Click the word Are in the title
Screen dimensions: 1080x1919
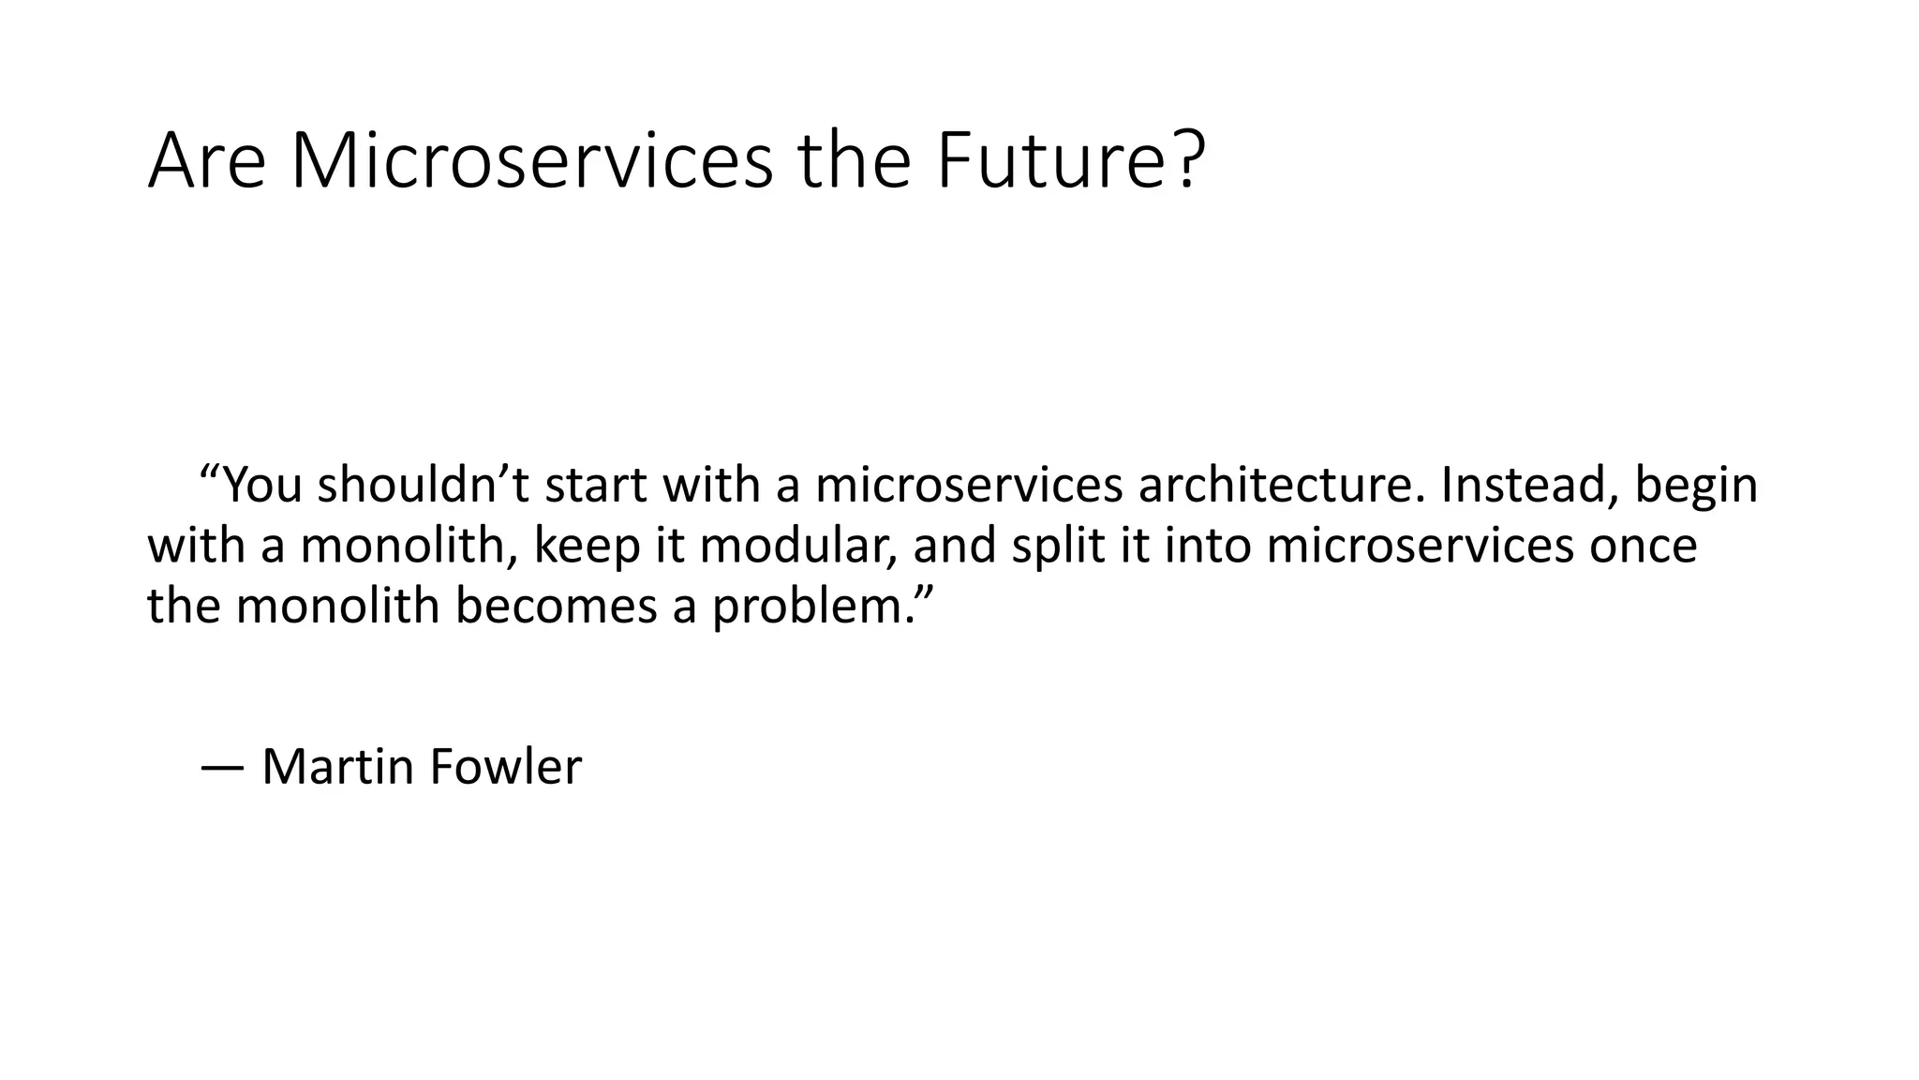tap(207, 161)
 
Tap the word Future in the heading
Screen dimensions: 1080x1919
tap(1054, 161)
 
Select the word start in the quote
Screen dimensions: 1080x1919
tap(595, 486)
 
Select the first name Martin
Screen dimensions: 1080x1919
tap(338, 767)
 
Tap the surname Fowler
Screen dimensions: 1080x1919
tap(506, 767)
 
